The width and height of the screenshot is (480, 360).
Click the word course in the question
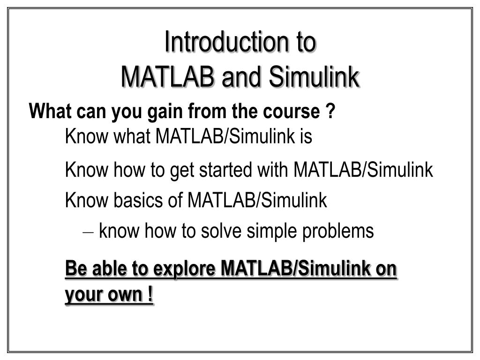[294, 112]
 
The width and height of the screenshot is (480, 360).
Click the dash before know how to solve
[90, 232]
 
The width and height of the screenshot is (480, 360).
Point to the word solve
[223, 231]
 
